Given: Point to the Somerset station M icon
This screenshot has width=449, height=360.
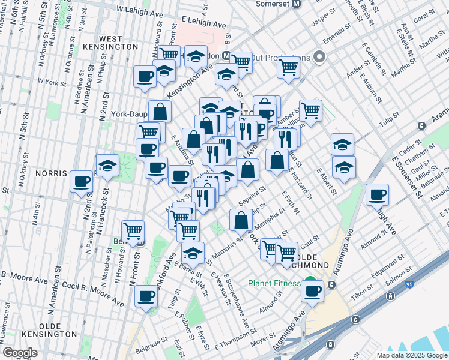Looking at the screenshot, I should coord(295,4).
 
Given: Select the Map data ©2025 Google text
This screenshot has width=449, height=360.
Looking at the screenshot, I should coord(412,355).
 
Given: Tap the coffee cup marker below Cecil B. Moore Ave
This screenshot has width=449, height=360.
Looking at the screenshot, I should coord(146,296).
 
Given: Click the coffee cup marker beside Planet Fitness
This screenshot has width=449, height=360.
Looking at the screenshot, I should coord(312,291).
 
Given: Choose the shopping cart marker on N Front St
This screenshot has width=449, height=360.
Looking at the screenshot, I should coord(133,230).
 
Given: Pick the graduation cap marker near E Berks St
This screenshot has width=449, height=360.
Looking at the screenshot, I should coord(193,253).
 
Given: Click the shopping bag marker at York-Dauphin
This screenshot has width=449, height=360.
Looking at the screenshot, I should coord(160,110).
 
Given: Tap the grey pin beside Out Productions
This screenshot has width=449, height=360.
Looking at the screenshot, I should coord(319,58).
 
